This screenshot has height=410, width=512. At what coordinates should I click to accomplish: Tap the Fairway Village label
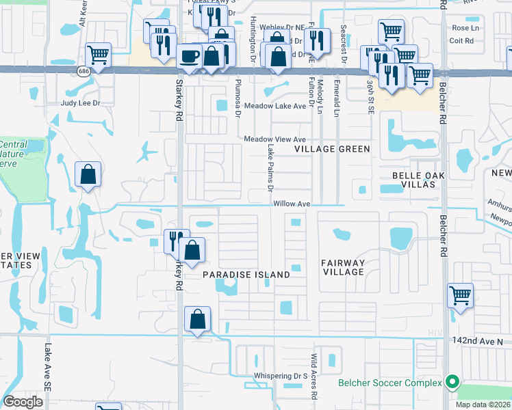click(x=343, y=267)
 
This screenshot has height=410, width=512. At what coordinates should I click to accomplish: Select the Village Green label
click(x=332, y=149)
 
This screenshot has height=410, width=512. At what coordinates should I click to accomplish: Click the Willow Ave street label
click(x=292, y=204)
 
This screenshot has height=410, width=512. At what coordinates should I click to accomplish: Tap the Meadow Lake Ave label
click(x=276, y=107)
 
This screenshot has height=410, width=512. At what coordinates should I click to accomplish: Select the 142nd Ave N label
click(x=477, y=340)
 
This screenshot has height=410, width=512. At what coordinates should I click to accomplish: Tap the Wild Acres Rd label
click(x=313, y=377)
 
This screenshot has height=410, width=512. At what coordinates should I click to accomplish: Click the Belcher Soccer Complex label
click(x=390, y=383)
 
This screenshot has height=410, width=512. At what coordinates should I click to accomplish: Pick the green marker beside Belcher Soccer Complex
click(x=452, y=382)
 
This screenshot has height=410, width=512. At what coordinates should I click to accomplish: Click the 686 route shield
click(x=84, y=71)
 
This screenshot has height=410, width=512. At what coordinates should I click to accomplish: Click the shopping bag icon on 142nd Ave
click(x=198, y=318)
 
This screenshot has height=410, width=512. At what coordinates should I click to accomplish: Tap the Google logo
click(x=23, y=401)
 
